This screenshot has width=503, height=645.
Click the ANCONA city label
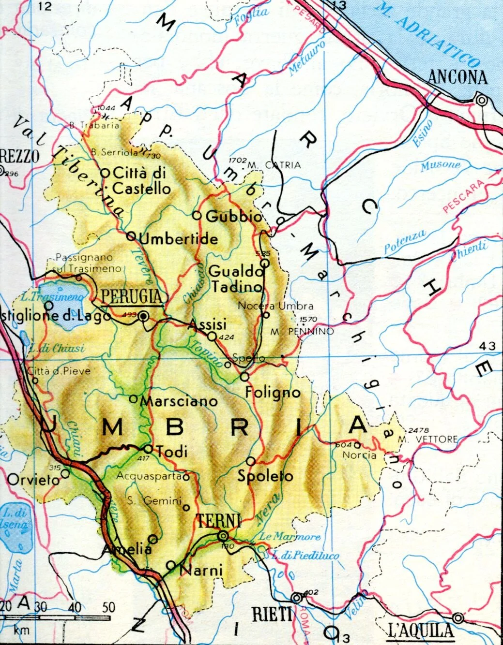tap(457, 77)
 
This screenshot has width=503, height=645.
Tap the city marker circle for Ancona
tap(481, 100)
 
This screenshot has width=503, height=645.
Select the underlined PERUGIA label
tap(131, 296)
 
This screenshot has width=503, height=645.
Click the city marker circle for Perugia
tap(143, 316)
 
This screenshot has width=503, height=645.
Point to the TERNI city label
tap(218, 521)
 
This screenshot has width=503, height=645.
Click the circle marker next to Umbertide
tap(131, 236)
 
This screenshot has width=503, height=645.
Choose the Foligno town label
tap(273, 392)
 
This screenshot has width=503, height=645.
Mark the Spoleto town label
tap(265, 476)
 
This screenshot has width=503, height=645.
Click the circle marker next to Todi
tap(148, 449)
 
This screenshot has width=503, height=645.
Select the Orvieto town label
tap(33, 480)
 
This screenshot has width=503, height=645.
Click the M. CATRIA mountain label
tap(274, 165)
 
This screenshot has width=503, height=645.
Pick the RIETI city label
tap(273, 615)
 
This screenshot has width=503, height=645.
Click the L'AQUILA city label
tap(421, 630)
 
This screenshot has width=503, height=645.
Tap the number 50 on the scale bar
tap(109, 607)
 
